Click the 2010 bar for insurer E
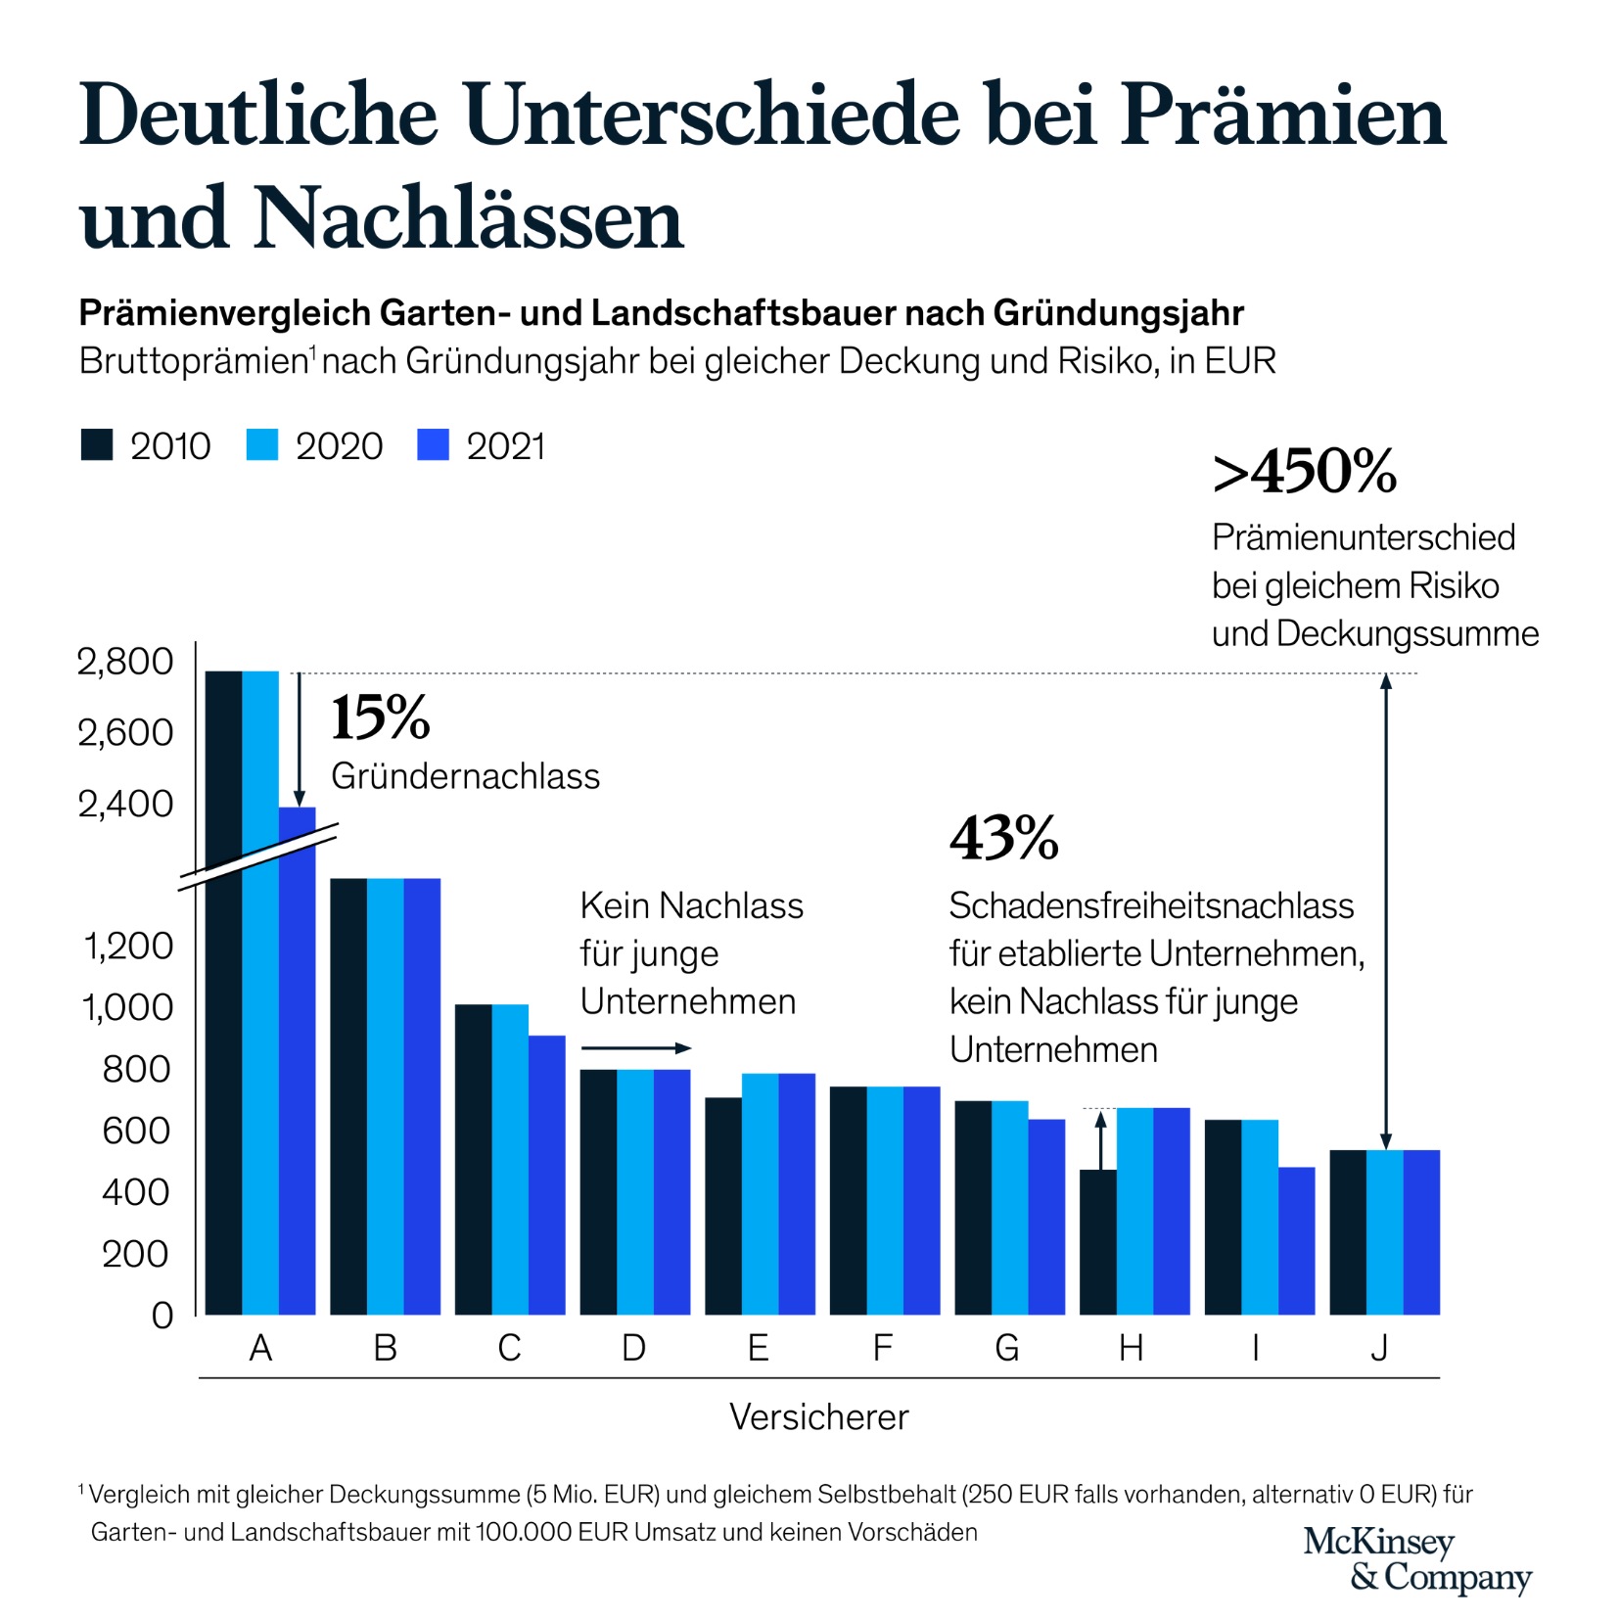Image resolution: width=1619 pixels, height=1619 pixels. point(722,1205)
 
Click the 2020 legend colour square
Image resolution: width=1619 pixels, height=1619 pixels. point(262,444)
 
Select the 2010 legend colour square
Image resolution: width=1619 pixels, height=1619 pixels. point(97,444)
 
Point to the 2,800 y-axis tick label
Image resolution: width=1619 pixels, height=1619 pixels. point(125,662)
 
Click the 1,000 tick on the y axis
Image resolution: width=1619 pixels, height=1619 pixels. point(127,1007)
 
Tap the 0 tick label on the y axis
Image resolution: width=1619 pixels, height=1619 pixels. point(162,1315)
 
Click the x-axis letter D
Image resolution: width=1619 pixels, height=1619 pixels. point(633,1349)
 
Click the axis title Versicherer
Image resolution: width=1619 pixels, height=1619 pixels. point(818,1416)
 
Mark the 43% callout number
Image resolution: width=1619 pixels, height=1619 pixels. point(1003,838)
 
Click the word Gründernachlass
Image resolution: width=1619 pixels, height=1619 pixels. point(465,776)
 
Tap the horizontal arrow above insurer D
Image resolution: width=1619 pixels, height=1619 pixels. point(635,1048)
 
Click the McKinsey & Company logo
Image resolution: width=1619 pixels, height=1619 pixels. point(1416,1558)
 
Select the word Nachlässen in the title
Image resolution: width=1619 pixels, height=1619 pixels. point(469,218)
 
